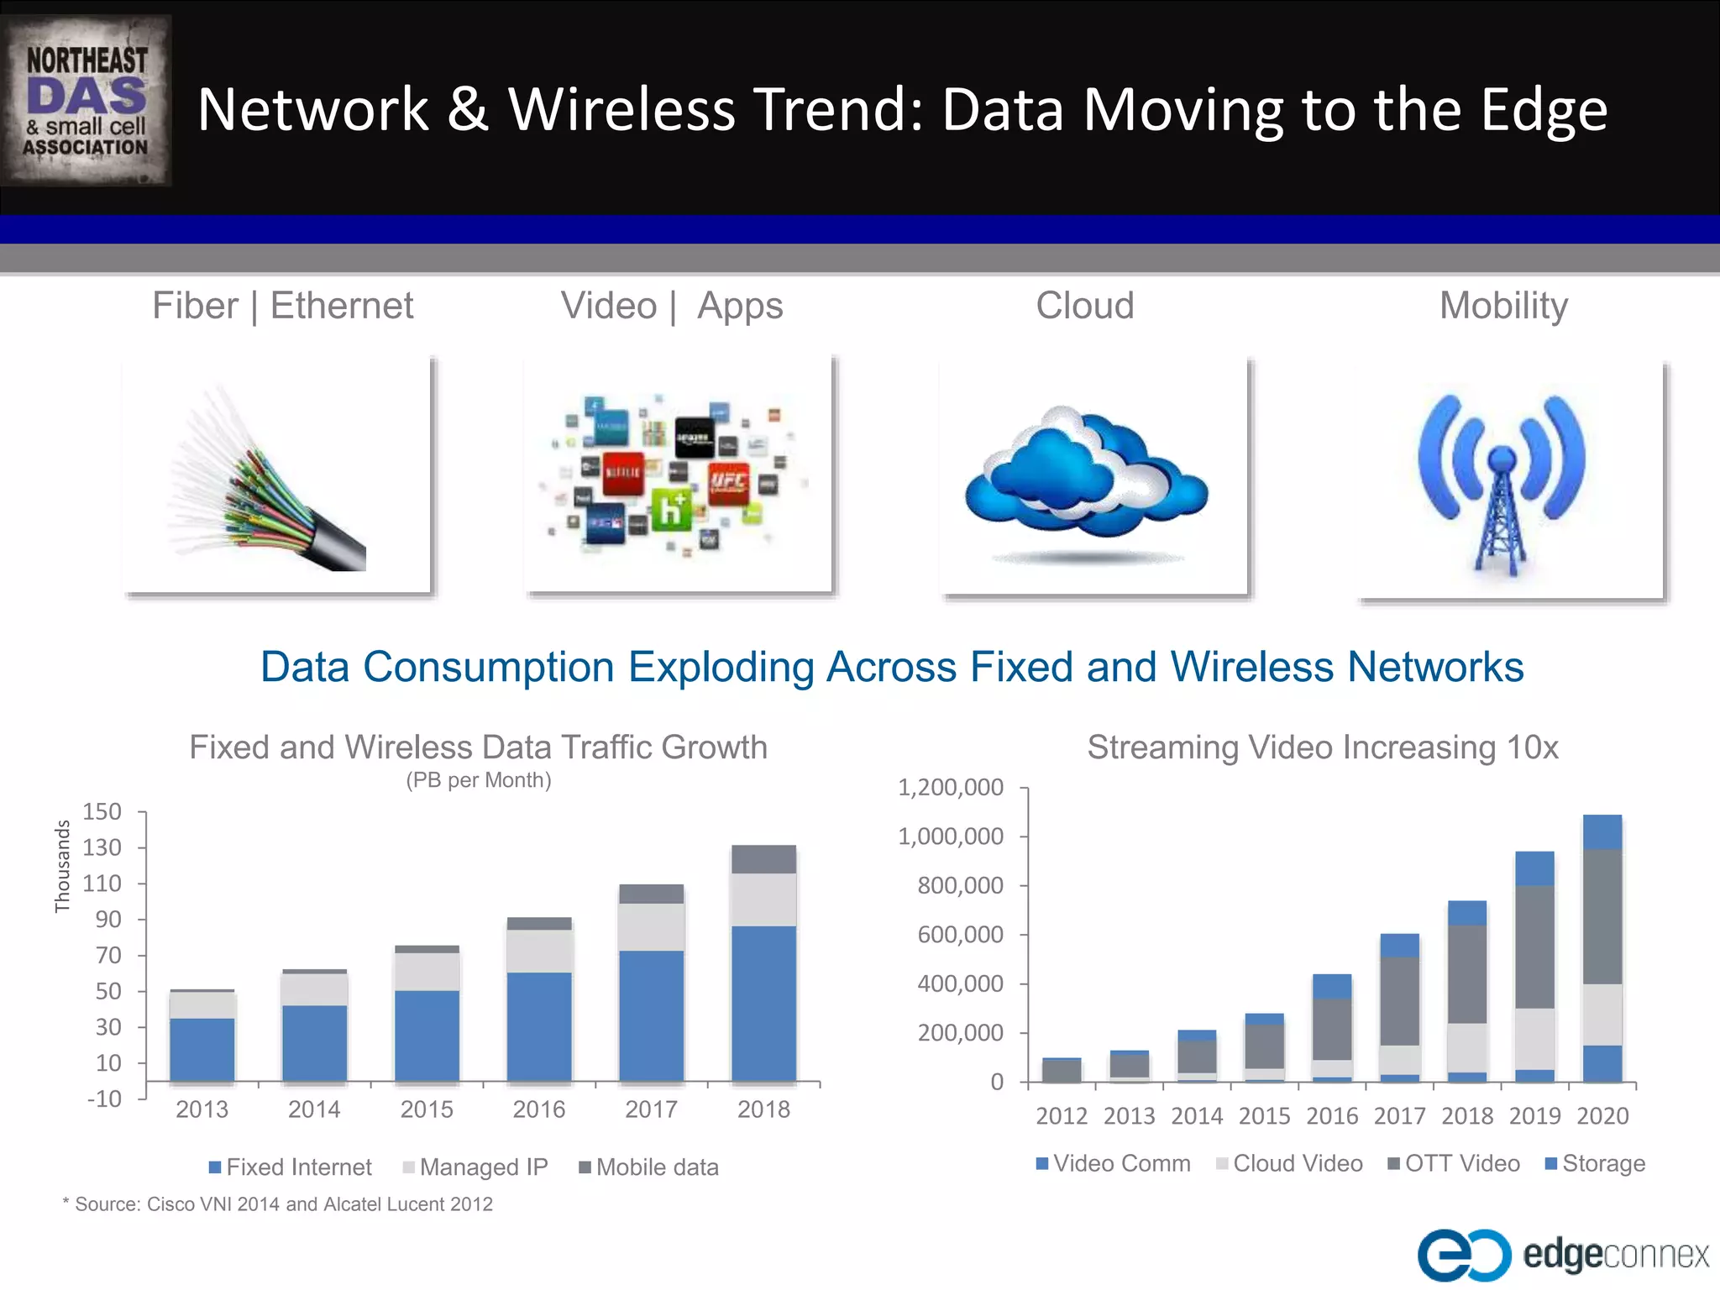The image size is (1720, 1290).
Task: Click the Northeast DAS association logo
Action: (87, 101)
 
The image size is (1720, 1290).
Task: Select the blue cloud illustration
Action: (1085, 475)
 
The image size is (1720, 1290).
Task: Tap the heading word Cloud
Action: (1084, 306)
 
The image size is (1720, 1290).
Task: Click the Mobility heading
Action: (1503, 306)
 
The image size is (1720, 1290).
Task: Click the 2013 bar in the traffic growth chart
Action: (202, 1036)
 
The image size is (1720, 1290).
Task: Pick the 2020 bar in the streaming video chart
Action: (1602, 948)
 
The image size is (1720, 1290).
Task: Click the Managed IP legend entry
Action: (475, 1167)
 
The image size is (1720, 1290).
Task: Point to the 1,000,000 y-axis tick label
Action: (951, 836)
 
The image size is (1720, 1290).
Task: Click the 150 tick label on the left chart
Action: (102, 811)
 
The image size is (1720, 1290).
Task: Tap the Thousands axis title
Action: (62, 866)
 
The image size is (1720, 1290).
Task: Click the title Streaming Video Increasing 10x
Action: (1323, 747)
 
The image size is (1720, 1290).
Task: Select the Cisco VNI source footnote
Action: (278, 1204)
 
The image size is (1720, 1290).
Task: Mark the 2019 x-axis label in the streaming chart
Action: (1534, 1116)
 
